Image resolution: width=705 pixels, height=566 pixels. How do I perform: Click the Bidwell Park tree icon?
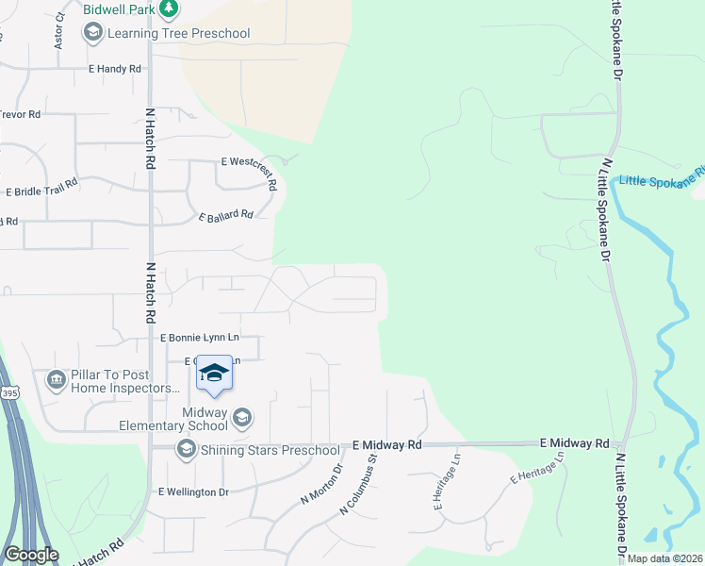tap(169, 9)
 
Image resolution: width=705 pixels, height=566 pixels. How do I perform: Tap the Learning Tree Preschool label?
tap(178, 34)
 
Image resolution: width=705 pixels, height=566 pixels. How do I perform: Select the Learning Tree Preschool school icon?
tap(92, 34)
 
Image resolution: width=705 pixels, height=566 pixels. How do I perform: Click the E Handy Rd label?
tap(114, 69)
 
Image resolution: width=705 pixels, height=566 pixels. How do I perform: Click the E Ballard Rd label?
tap(226, 215)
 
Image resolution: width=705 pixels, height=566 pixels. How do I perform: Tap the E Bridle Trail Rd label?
tap(41, 190)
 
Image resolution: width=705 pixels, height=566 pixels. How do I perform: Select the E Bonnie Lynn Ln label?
tap(200, 337)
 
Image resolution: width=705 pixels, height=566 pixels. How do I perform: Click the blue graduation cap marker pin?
tap(215, 373)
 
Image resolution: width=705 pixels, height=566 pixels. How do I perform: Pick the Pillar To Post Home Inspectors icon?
tap(56, 380)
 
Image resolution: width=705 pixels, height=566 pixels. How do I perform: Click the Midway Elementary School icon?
tap(242, 417)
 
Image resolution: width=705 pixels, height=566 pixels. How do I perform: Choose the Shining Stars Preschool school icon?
tap(186, 449)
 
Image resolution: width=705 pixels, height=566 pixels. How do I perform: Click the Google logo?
tap(31, 555)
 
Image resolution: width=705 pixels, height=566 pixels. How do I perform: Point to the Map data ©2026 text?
tap(664, 558)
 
